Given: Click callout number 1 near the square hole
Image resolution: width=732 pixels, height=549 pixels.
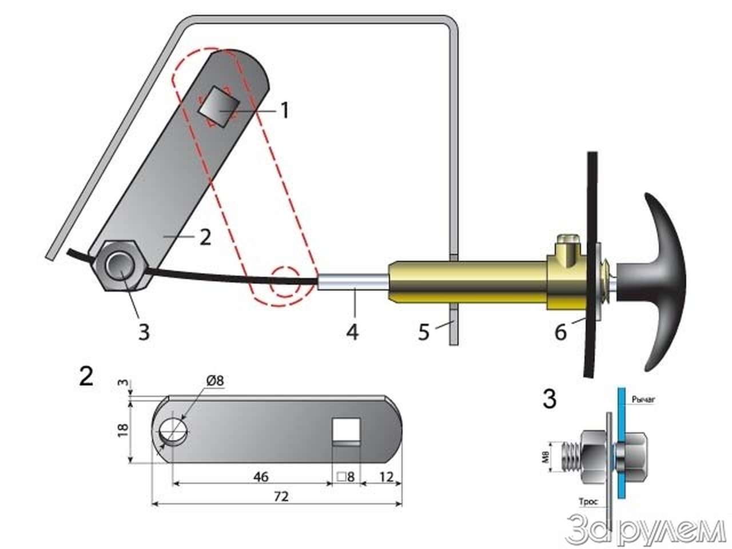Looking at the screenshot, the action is [284, 110].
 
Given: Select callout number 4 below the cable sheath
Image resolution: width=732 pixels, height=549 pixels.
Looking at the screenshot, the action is [352, 332].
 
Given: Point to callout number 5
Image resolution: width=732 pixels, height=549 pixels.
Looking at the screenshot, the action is [424, 332].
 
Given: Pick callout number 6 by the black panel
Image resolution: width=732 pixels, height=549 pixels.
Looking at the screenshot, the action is [560, 332].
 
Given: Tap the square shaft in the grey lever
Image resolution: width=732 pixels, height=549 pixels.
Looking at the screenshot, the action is [219, 106].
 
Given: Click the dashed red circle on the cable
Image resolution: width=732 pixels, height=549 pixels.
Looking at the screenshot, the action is [284, 281].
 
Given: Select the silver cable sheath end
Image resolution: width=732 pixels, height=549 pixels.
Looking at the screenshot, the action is [353, 282].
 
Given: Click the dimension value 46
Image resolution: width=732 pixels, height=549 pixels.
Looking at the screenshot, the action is [261, 477].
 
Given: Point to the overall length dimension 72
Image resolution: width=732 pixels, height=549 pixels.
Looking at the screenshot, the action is [281, 497].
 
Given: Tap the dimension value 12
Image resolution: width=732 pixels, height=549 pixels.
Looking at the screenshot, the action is [386, 477].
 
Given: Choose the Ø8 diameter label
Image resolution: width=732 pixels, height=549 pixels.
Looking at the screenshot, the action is [215, 380].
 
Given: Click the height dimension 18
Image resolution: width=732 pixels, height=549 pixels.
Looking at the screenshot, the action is [124, 430].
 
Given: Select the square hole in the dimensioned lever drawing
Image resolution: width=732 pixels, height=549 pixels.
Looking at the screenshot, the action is [347, 432].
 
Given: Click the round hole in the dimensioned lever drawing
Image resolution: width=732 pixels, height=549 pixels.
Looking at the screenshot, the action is [173, 431].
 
